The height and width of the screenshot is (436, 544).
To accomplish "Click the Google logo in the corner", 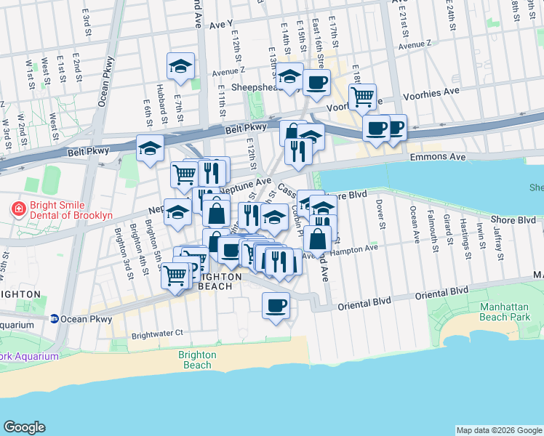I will pyautogui.click(x=25, y=427).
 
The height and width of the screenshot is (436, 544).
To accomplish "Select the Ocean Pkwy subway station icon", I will pyautogui.click(x=55, y=319).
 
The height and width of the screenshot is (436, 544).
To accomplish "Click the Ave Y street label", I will pyautogui.click(x=221, y=24).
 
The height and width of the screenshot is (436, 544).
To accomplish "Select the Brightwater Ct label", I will pyautogui.click(x=156, y=336).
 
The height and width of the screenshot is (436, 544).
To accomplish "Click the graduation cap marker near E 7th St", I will pyautogui.click(x=181, y=68).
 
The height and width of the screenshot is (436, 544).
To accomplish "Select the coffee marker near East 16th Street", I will pyautogui.click(x=316, y=83).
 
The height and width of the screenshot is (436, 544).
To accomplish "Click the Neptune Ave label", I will pyautogui.click(x=245, y=185).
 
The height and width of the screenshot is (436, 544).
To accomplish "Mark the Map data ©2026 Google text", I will pyautogui.click(x=498, y=430).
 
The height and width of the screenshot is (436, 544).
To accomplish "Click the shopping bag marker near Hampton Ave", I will pyautogui.click(x=318, y=238).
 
